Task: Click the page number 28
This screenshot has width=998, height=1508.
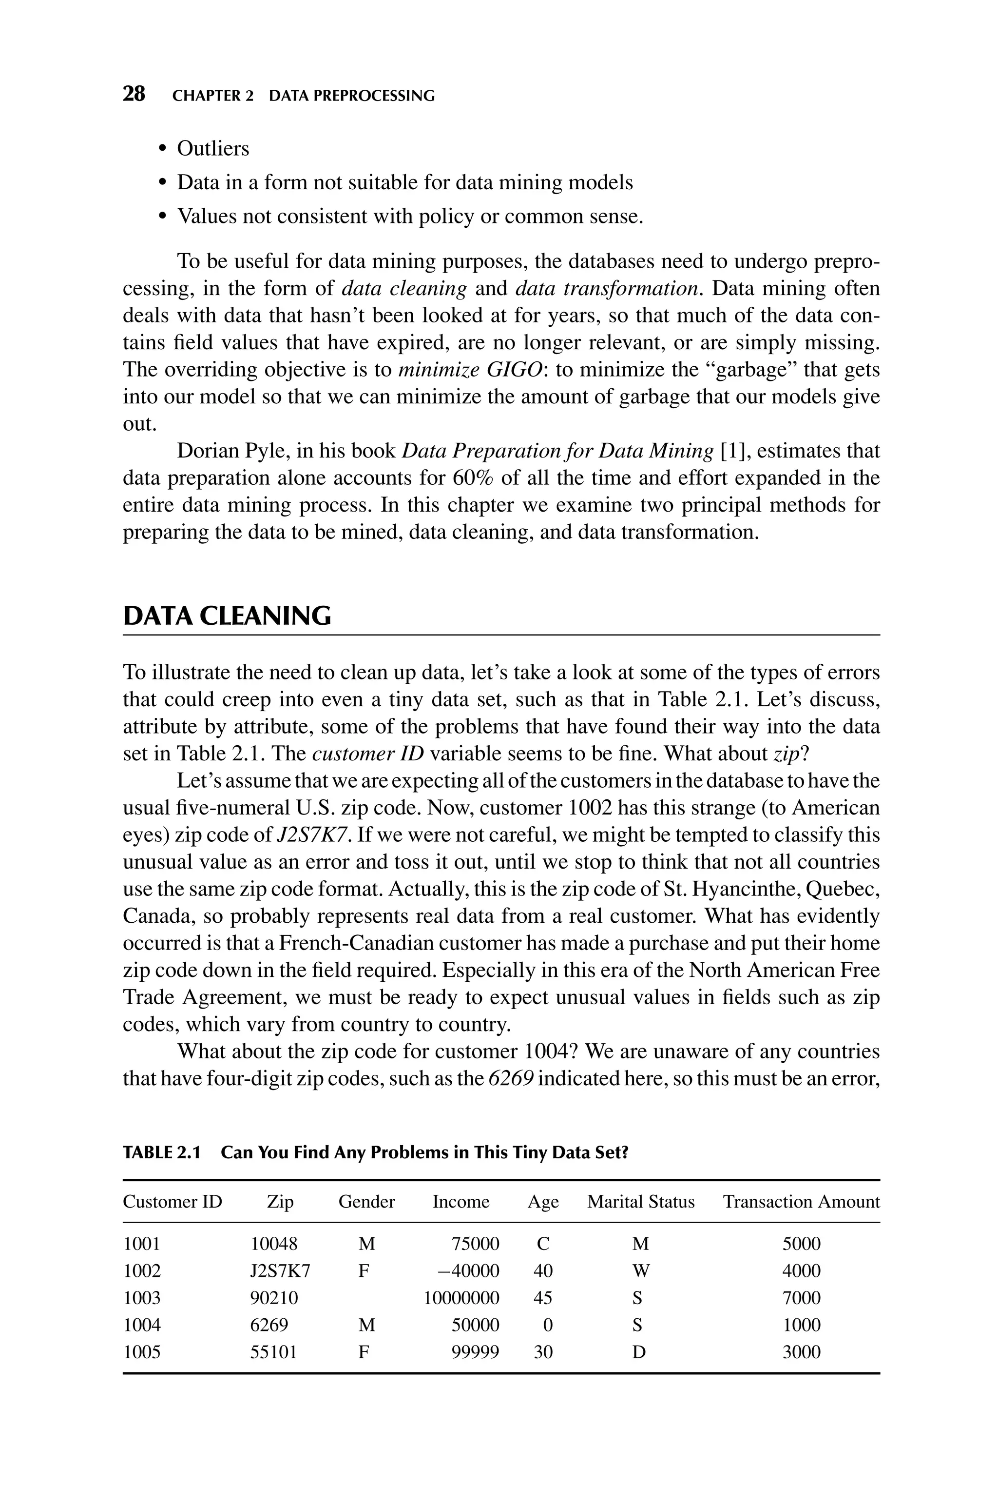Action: click(134, 95)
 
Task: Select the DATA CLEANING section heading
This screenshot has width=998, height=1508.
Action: click(227, 616)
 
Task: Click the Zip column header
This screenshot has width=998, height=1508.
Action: click(280, 1202)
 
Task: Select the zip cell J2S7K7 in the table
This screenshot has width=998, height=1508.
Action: click(280, 1271)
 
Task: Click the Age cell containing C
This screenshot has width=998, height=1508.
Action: click(543, 1244)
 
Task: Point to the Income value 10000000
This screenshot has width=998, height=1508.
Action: click(461, 1298)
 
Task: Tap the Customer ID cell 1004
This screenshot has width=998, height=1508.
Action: click(142, 1325)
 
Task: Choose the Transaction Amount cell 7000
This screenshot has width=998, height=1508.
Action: click(801, 1298)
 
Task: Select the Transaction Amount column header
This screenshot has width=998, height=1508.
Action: click(801, 1202)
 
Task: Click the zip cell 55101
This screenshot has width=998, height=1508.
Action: click(274, 1352)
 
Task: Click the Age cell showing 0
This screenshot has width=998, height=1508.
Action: click(547, 1325)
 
